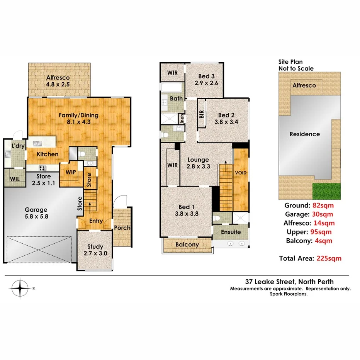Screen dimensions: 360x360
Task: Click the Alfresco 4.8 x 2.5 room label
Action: pos(59,81)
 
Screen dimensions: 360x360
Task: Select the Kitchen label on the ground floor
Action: pos(48,154)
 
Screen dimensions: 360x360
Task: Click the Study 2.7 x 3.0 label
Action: pos(95,250)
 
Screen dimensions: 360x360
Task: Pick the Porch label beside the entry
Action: pos(122,228)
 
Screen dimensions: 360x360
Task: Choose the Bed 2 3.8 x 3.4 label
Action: pos(226,118)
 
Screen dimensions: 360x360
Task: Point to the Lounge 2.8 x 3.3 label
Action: pos(198,163)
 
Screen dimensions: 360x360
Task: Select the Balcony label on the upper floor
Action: pos(187,245)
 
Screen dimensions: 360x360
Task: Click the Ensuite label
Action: pos(231,232)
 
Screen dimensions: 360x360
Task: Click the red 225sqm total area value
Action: pos(329,258)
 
